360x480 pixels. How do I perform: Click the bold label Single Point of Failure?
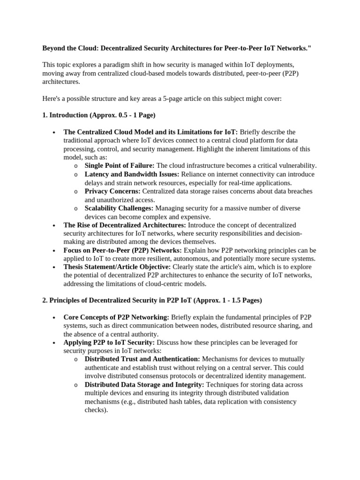(120, 165)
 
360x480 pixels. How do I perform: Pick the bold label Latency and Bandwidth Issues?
(130, 174)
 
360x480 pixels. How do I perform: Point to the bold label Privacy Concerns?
(112, 191)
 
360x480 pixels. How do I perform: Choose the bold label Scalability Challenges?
(119, 208)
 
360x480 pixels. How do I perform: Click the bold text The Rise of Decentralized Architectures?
(125, 225)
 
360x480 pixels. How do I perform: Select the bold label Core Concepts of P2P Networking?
(116, 317)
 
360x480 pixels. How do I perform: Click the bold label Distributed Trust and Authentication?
(142, 359)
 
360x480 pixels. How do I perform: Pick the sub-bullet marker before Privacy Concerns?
(76, 192)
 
